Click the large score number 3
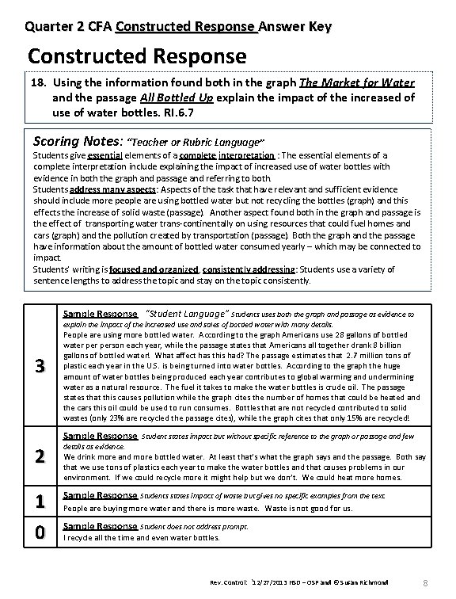37,365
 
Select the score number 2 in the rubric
37,456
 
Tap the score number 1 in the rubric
37,501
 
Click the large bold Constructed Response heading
137,57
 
